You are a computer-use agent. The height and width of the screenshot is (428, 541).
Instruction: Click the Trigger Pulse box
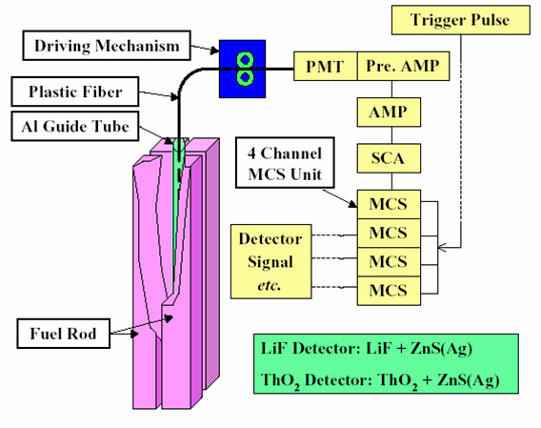pos(461,20)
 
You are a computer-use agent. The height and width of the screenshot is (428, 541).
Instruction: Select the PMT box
pos(326,67)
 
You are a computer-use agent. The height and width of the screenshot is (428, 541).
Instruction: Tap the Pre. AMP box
pos(403,67)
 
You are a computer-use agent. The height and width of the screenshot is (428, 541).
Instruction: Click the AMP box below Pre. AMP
pos(389,112)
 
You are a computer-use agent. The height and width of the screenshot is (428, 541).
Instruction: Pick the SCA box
pos(389,158)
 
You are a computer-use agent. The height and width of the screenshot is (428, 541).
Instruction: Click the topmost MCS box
pos(389,204)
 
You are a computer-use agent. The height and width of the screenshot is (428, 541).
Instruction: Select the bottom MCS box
pos(389,291)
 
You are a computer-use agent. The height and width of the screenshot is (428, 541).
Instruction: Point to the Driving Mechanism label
pos(107,46)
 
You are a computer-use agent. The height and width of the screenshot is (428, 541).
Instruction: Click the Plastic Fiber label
pos(75,92)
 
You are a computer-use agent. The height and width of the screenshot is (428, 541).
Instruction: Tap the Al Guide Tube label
pos(75,126)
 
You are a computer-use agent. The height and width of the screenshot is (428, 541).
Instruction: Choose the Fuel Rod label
pos(64,334)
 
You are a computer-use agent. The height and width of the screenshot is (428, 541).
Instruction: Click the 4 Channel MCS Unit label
pos(285,163)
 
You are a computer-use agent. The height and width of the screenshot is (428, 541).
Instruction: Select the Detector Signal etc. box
pos(270,261)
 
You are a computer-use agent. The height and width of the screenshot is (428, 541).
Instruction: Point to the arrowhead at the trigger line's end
pos(442,247)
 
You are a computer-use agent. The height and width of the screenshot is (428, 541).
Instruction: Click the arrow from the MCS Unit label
pos(340,198)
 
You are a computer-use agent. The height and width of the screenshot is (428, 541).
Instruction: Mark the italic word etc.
pos(270,285)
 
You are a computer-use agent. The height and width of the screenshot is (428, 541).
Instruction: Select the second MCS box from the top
pos(389,233)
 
